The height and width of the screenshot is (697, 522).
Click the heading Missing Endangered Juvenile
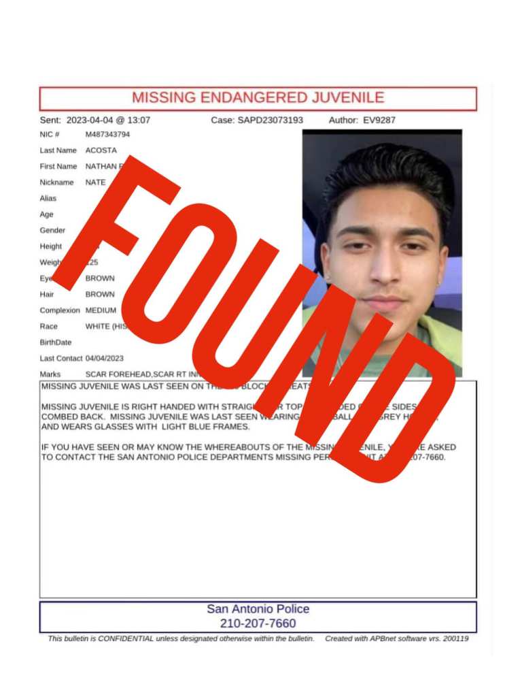(x=258, y=97)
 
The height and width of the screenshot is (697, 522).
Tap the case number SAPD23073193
(x=270, y=120)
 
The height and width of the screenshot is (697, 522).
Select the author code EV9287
(x=379, y=120)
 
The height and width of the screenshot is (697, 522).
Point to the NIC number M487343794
(x=107, y=134)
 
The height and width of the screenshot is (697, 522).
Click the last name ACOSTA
(x=101, y=150)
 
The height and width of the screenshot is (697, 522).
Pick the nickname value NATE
(x=96, y=182)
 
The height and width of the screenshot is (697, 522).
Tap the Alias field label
(x=48, y=199)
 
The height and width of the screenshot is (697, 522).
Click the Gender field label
(x=52, y=231)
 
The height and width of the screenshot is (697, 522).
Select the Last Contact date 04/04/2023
(x=105, y=358)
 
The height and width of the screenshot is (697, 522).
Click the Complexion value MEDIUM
(x=101, y=310)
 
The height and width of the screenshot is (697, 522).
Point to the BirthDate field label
(x=56, y=342)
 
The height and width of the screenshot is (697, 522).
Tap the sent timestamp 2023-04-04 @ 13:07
(x=108, y=120)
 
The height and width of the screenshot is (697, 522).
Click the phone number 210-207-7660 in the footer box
(x=258, y=623)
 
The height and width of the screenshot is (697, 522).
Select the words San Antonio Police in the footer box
(x=258, y=609)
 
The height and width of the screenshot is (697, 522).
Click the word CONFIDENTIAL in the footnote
(x=120, y=639)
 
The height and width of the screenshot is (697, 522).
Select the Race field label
(x=49, y=327)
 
